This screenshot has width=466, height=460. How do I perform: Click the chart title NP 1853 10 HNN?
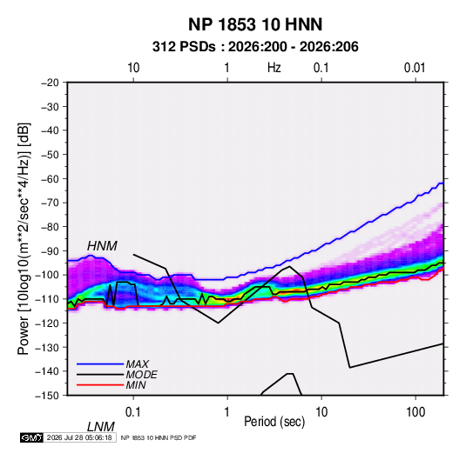point(255,24)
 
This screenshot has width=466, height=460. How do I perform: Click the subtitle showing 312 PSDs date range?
point(255,47)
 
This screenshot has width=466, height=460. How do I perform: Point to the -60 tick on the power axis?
point(51,178)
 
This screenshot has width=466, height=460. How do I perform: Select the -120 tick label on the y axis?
point(48,323)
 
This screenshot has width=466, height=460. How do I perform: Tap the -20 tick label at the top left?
point(51,83)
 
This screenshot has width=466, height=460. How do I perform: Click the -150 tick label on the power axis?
point(48,396)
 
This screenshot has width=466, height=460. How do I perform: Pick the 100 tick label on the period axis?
point(415,412)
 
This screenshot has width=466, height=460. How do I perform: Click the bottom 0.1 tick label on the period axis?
point(133,412)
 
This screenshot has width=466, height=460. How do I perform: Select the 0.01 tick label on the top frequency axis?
point(415,68)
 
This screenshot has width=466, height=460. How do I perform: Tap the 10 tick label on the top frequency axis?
point(133,68)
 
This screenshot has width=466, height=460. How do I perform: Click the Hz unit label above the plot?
point(274,68)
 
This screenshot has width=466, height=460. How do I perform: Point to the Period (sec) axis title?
point(274,422)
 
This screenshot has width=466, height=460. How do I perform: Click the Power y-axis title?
point(24,239)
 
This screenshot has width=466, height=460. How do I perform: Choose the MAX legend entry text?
point(138,364)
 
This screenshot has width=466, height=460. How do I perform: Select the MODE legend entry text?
point(141,375)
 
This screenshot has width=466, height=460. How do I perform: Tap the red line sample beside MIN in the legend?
point(100,385)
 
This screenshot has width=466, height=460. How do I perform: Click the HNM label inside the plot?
point(102,246)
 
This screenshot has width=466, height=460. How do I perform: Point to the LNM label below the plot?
point(101,427)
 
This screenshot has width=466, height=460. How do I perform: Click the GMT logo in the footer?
point(31,437)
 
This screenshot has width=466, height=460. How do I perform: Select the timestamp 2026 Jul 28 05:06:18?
point(79,437)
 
